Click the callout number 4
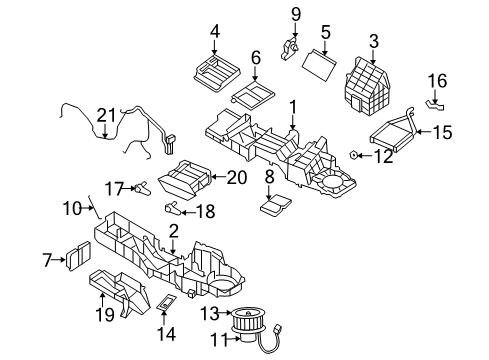214,31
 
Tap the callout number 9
296,13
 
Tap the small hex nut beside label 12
357,156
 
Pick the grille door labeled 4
214,71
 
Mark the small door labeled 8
275,206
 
